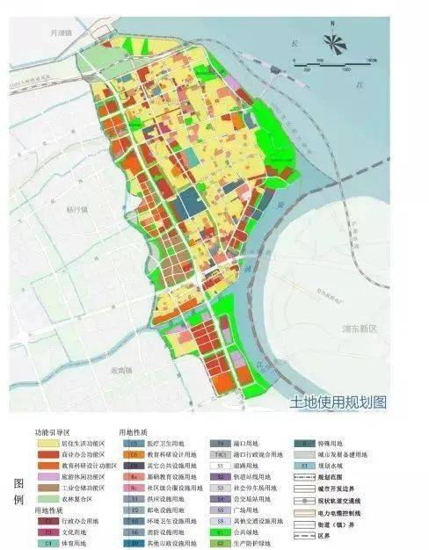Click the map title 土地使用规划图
(x=338, y=402)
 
